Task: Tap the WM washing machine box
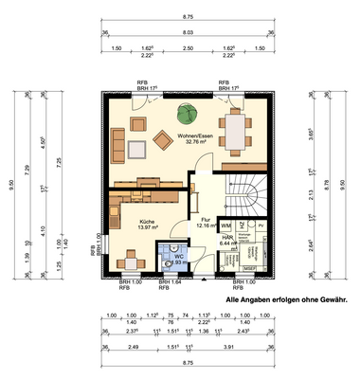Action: point(226,226)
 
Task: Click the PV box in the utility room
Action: point(261,226)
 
